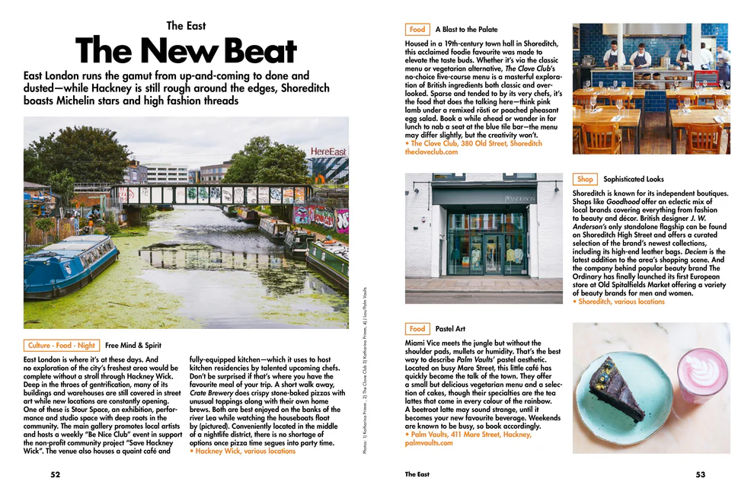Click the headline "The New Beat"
186,52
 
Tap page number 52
56,474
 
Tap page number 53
700,474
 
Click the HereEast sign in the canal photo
328,152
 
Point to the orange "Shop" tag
585,180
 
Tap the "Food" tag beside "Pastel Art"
417,329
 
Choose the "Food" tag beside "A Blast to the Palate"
417,30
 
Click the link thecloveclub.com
432,152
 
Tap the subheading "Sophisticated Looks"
634,180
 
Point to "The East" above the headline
186,26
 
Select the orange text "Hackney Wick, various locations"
244,451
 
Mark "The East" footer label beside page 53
417,474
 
